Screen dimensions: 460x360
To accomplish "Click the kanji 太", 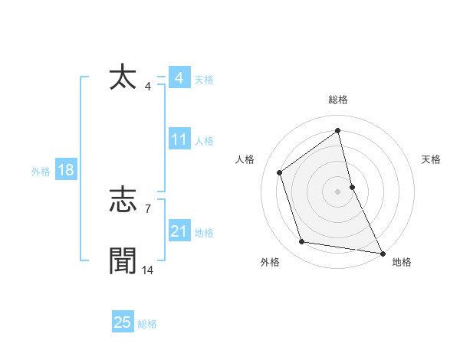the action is [x=123, y=78].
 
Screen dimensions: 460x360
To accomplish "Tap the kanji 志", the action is [x=123, y=201].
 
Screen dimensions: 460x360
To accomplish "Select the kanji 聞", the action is [x=123, y=261].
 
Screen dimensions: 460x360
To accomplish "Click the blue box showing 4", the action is [x=179, y=78].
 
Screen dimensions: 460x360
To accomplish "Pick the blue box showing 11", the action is [x=179, y=139].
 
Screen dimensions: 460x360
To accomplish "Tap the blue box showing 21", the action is [x=179, y=231].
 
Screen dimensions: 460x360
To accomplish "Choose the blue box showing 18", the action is [x=66, y=170].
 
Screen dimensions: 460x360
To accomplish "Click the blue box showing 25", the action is [x=123, y=322].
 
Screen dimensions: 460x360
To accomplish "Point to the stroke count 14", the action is [x=148, y=270].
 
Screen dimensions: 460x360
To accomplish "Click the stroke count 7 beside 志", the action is [x=148, y=208].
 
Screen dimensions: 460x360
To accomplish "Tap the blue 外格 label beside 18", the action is [x=41, y=172].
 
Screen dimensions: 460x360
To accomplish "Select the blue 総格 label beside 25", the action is [x=147, y=324].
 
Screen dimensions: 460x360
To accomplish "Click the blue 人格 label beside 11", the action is [x=205, y=141].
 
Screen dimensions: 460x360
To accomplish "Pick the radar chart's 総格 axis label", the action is [x=338, y=100].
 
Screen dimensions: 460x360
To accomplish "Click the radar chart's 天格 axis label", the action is [x=431, y=159].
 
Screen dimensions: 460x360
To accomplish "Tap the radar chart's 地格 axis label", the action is [x=402, y=262].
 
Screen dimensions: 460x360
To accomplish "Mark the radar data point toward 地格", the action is [x=381, y=253].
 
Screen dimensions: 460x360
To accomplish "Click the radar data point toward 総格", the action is [x=337, y=131].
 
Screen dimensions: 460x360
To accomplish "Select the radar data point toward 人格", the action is [x=280, y=172].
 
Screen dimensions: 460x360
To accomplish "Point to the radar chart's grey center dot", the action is [x=337, y=191].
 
